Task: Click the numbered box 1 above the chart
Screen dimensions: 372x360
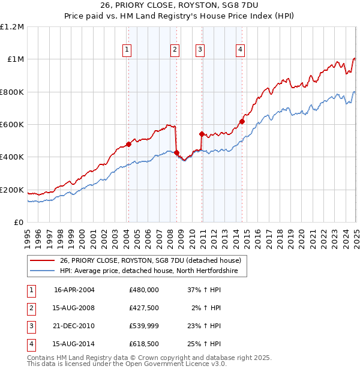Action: tap(127, 50)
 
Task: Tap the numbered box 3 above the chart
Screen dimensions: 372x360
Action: tap(200, 50)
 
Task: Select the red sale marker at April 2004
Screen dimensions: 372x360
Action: tap(128, 144)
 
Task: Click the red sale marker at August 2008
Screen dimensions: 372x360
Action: tap(176, 153)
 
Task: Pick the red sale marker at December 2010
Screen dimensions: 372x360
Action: tap(202, 134)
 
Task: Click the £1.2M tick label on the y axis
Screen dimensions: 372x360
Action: tap(12, 26)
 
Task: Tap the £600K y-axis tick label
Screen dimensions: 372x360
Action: tap(12, 124)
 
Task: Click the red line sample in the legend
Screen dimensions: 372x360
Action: tap(42, 260)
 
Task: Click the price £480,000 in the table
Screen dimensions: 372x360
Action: tap(144, 289)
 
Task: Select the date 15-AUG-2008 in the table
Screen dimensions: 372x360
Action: tap(74, 308)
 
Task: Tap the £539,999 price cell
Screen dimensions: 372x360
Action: tap(144, 326)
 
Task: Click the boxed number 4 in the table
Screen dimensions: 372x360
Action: tap(31, 344)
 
